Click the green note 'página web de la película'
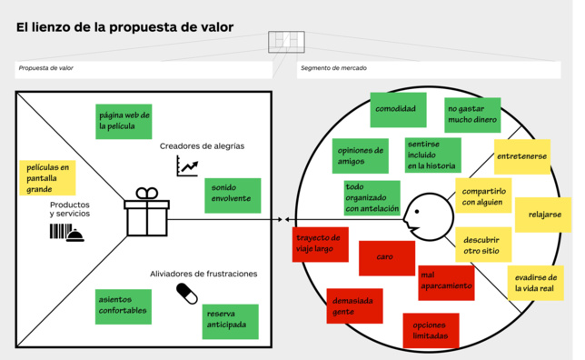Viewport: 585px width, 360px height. pyautogui.click(x=124, y=121)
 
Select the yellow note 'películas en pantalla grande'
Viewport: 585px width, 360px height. pyautogui.click(x=47, y=178)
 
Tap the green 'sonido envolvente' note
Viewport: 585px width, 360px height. pyautogui.click(x=233, y=195)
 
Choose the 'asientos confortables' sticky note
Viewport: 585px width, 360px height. pyautogui.click(x=124, y=307)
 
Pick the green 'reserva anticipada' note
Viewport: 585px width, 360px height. pyautogui.click(x=230, y=320)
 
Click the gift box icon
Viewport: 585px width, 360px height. pyautogui.click(x=146, y=211)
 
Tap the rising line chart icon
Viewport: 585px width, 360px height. pyautogui.click(x=187, y=165)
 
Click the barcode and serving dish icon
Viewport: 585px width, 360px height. pyautogui.click(x=68, y=234)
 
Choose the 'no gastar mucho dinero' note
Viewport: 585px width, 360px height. pyautogui.click(x=472, y=115)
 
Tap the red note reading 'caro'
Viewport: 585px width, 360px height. pyautogui.click(x=387, y=257)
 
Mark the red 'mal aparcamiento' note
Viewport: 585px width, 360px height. pyautogui.click(x=446, y=282)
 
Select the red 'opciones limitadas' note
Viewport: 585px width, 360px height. pyautogui.click(x=431, y=330)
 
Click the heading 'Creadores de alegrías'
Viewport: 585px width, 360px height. pyautogui.click(x=202, y=145)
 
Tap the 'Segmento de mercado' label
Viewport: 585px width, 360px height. pyautogui.click(x=328, y=69)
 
